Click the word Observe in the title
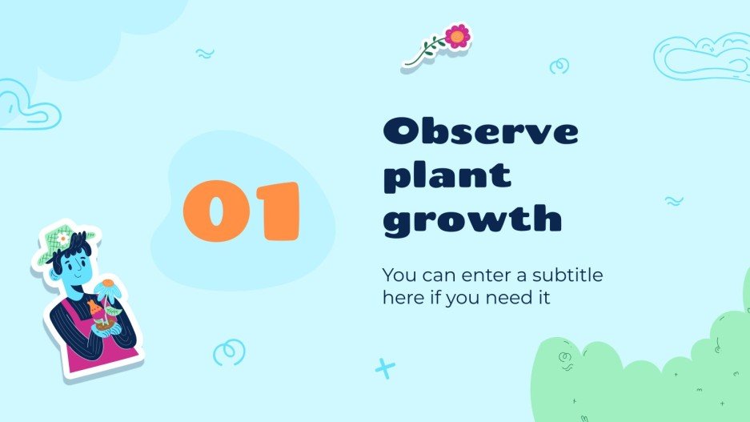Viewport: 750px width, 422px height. tap(480, 132)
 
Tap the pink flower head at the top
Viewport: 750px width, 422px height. tap(457, 35)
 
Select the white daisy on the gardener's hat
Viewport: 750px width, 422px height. tap(62, 239)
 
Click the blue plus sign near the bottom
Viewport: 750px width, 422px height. tap(386, 368)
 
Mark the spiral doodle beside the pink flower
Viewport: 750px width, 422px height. tap(559, 66)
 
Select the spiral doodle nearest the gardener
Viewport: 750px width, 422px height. tap(228, 351)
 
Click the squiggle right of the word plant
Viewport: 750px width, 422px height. tap(674, 201)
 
